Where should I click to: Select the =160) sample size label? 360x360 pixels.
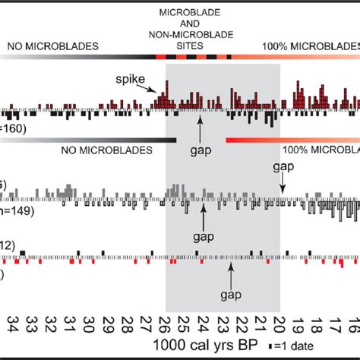coord(14,128)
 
